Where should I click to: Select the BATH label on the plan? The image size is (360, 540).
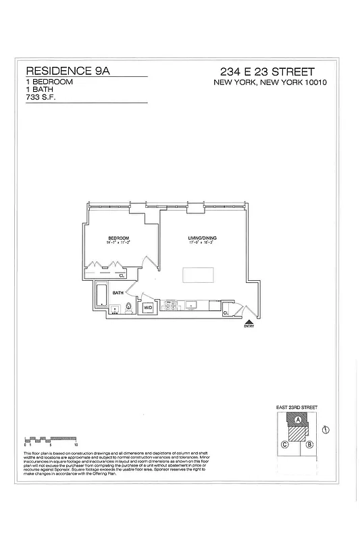[118, 293]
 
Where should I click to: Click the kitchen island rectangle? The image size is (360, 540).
[198, 276]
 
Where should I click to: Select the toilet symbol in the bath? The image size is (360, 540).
[126, 309]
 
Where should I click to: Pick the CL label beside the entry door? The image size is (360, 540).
[225, 312]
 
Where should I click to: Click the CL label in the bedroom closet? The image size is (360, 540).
[122, 275]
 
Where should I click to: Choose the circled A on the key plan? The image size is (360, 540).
[297, 419]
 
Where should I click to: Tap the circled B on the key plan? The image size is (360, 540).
[309, 444]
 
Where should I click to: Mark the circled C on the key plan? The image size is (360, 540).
[285, 444]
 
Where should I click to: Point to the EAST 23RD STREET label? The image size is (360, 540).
[297, 408]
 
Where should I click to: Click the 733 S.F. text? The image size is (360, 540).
[40, 97]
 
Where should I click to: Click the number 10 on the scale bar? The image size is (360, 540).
[76, 445]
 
